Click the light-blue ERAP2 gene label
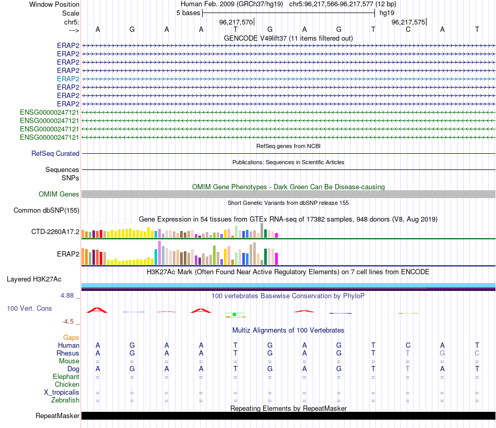[x=68, y=79]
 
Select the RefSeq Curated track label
[x=55, y=154]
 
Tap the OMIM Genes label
[x=59, y=194]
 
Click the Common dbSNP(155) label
[x=46, y=211]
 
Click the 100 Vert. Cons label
[x=29, y=309]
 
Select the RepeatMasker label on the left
[x=57, y=416]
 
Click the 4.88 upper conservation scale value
[x=69, y=296]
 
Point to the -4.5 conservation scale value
[x=70, y=322]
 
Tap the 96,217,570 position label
[x=236, y=22]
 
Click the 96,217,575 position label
[x=408, y=22]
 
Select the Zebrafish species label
[x=65, y=400]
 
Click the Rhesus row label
[x=67, y=353]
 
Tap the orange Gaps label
[x=71, y=338]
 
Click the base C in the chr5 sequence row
[x=408, y=30]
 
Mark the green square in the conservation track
[x=235, y=314]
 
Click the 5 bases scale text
[x=188, y=13]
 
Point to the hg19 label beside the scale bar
[x=387, y=13]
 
